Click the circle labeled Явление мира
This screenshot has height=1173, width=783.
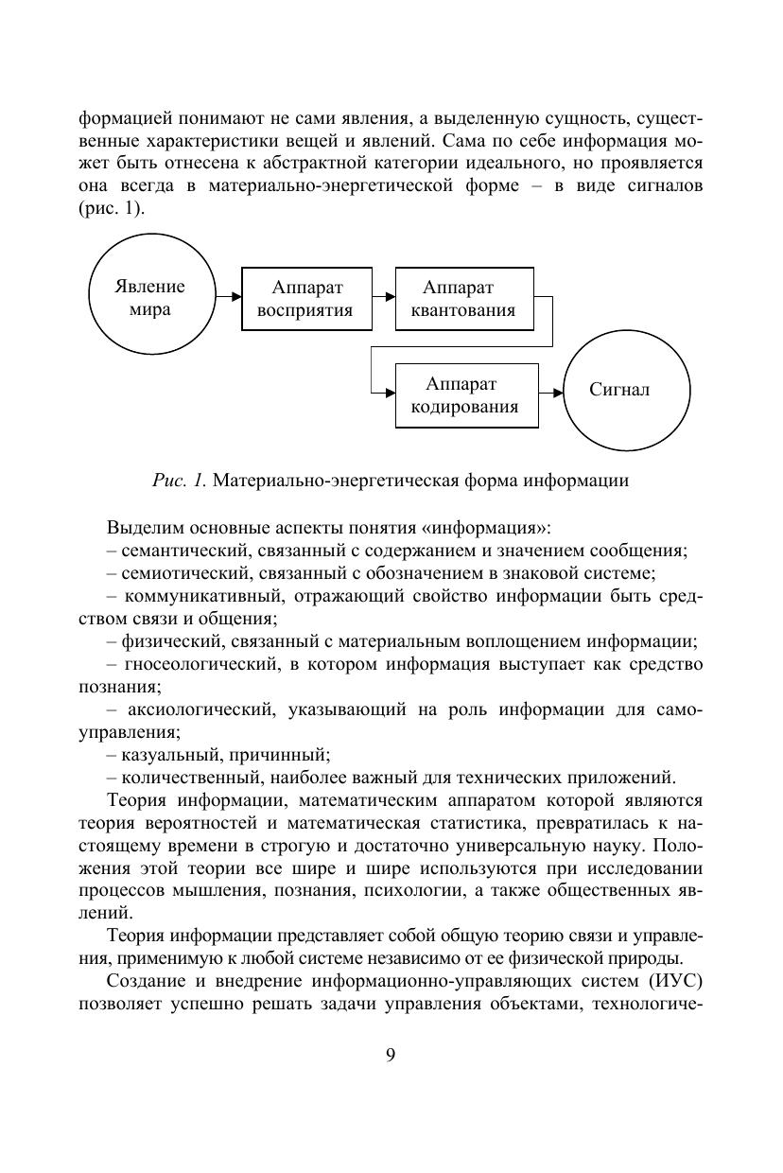pos(150,298)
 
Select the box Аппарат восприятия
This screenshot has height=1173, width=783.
pos(306,299)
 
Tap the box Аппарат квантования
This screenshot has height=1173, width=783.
pos(464,299)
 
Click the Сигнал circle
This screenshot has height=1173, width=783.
pos(619,391)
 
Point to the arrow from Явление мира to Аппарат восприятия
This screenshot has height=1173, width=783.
pos(228,297)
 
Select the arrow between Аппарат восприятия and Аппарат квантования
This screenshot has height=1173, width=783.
pos(383,297)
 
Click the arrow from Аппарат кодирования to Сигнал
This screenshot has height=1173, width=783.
pos(551,391)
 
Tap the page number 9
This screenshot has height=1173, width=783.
pos(391,1056)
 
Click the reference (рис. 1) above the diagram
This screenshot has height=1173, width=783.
pos(111,209)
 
